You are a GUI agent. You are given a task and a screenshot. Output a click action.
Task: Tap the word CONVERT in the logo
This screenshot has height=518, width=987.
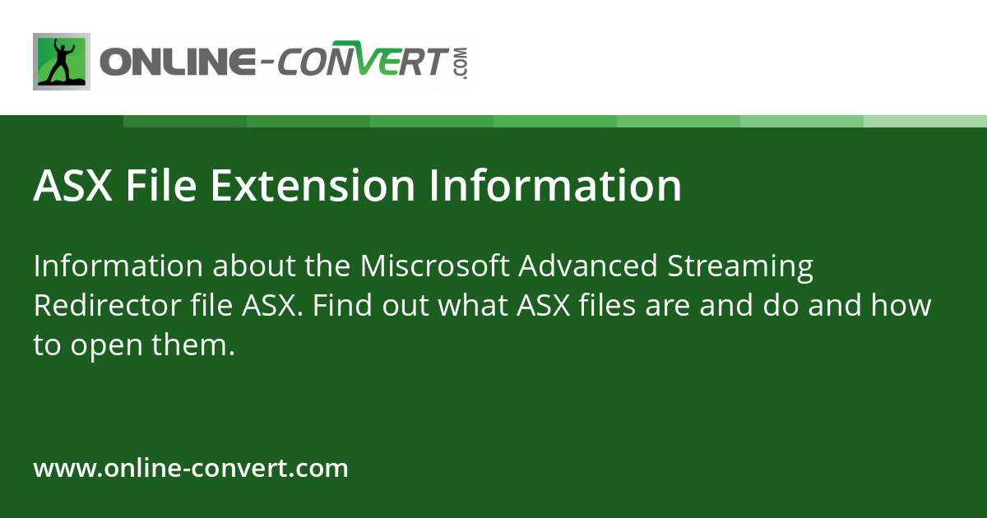pos(362,63)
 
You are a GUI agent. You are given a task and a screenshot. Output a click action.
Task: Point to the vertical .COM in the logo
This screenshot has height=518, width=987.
pos(460,63)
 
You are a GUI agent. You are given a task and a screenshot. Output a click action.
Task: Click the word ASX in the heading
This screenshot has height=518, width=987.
pos(72,185)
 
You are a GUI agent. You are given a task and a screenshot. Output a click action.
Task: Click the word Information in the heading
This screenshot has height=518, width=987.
pos(554,185)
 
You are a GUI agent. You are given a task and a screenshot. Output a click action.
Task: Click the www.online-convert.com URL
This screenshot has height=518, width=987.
pos(191,469)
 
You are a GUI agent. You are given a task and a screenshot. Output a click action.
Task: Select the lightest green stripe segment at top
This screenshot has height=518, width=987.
pos(925,121)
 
